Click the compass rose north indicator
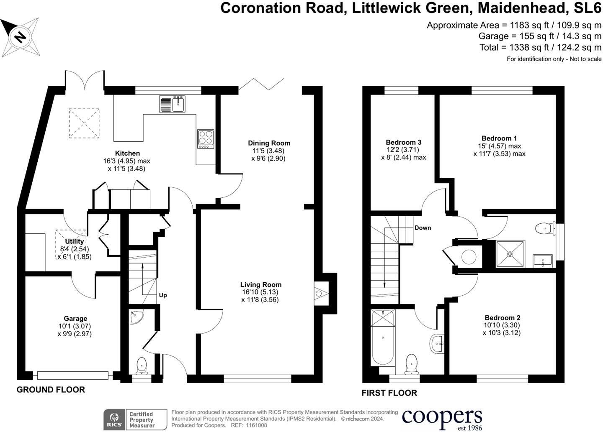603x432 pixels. click(x=20, y=38)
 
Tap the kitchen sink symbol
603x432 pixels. click(x=172, y=104)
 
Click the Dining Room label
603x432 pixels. click(x=269, y=143)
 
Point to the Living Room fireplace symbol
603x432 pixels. click(x=320, y=294)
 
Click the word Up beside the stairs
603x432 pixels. click(x=163, y=295)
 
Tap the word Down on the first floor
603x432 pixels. click(x=423, y=228)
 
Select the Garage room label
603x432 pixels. click(x=75, y=319)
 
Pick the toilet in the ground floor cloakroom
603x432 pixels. click(x=142, y=365)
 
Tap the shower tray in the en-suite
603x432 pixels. click(x=510, y=254)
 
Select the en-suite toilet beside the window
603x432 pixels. click(x=544, y=228)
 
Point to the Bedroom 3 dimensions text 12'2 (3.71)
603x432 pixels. click(x=403, y=150)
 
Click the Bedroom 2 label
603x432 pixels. click(x=502, y=318)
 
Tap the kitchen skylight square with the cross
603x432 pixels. click(x=84, y=123)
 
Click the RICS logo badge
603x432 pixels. click(x=113, y=419)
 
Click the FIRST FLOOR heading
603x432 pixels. click(x=389, y=393)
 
